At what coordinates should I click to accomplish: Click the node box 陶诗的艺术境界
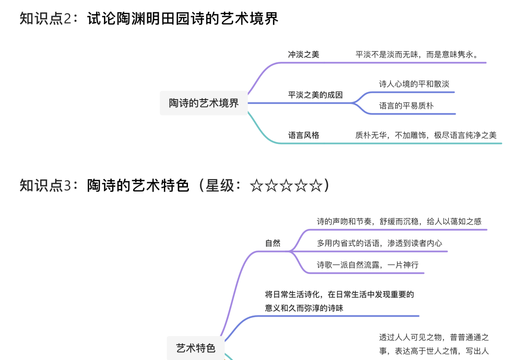[204, 103]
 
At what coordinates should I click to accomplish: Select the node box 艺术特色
[195, 348]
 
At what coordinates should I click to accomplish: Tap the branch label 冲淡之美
[304, 54]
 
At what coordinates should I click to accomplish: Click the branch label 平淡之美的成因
[315, 95]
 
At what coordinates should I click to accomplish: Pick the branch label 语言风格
[304, 135]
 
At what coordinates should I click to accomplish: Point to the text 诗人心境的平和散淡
[414, 84]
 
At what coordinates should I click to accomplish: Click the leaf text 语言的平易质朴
[406, 106]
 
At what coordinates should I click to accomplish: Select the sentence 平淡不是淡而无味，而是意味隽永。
[417, 54]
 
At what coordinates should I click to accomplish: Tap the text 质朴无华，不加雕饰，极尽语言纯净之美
[426, 135]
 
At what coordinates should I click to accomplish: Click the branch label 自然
[272, 243]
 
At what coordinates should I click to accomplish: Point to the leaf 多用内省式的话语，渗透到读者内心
[380, 243]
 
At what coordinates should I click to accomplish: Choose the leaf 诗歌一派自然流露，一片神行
[367, 265]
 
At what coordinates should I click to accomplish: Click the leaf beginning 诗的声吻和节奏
[399, 221]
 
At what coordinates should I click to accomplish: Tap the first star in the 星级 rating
[256, 186]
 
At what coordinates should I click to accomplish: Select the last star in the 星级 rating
[316, 186]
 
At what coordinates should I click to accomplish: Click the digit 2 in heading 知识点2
[68, 18]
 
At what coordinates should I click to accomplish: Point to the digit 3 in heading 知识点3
[68, 186]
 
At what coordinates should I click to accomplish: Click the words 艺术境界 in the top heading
[249, 18]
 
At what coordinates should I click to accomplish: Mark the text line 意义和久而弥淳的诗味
[304, 308]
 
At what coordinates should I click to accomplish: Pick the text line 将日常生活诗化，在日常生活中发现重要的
[340, 294]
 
